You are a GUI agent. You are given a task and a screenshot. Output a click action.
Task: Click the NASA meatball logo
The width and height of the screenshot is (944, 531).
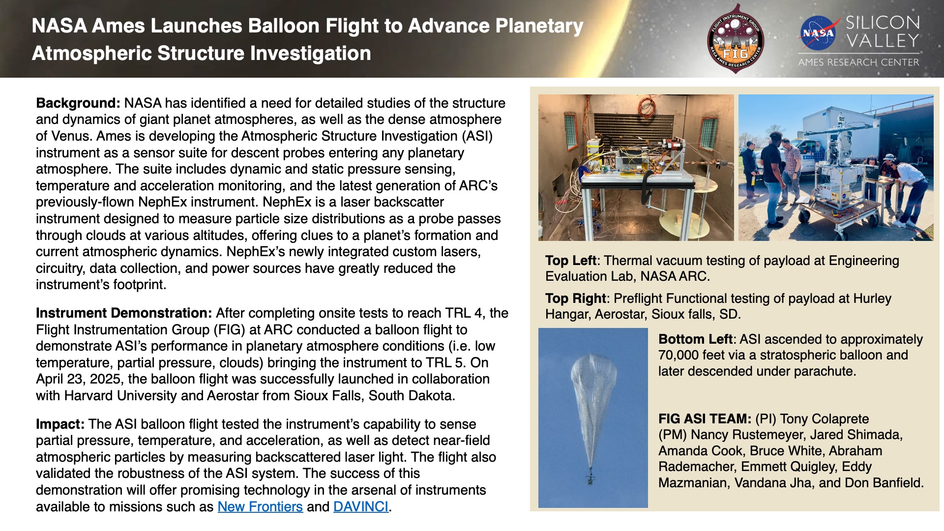[x=819, y=33]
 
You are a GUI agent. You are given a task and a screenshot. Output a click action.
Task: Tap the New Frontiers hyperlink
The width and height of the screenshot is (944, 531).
[x=260, y=506]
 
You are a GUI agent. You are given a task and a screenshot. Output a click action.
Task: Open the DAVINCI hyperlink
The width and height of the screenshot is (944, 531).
[x=361, y=506]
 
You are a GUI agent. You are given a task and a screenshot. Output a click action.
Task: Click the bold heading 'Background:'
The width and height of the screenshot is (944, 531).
[x=78, y=103]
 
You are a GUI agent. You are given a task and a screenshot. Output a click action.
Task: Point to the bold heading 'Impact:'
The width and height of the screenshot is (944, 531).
[x=60, y=424]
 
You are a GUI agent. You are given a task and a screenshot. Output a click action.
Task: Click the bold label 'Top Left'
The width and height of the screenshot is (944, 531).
[x=570, y=261]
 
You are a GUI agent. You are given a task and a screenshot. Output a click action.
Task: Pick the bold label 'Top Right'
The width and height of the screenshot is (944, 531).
[x=575, y=298]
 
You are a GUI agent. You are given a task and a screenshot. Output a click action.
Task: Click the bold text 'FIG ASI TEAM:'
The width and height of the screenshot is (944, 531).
[x=705, y=419]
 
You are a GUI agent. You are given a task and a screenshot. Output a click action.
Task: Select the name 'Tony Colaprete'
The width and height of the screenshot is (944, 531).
[x=824, y=419]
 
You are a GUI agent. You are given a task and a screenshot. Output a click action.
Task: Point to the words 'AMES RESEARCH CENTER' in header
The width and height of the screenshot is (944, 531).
[x=858, y=62]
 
